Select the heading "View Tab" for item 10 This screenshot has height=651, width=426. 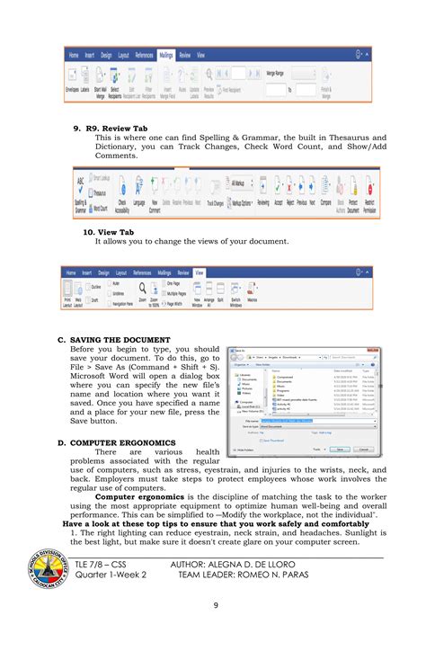coord(115,231)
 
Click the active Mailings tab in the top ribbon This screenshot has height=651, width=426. coord(166,55)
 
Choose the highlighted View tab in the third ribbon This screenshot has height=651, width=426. coord(200,272)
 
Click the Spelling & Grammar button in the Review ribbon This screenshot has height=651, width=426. coord(81,194)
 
